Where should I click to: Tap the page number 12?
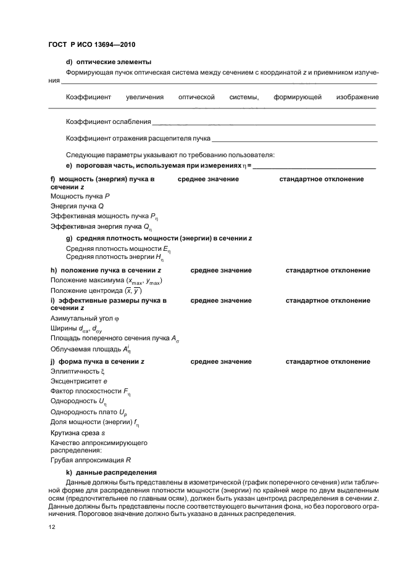coord(53,527)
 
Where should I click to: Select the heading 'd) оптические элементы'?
coord(108,62)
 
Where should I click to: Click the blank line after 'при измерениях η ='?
coord(314,167)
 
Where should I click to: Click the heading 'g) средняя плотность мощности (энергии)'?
coord(159,238)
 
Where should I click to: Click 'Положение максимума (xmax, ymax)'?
coord(106,281)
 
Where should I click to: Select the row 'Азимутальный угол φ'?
coord(84,318)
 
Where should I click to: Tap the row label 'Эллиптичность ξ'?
coord(78,372)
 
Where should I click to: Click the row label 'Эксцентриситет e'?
coord(79,382)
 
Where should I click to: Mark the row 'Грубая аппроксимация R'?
coord(90,460)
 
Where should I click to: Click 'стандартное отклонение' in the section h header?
coord(328,270)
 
